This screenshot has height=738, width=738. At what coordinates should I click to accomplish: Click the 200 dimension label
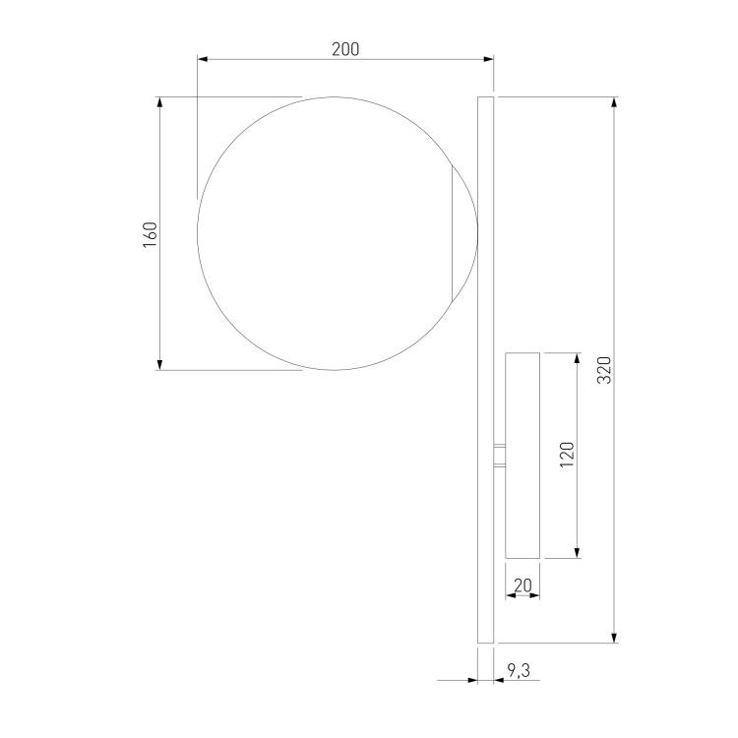tap(345, 49)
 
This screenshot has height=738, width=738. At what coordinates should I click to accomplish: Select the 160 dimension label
tap(151, 235)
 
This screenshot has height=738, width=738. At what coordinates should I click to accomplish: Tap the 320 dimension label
tap(604, 370)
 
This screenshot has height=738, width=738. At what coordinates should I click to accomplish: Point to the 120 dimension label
tap(567, 455)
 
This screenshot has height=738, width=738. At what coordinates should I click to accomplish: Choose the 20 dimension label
tap(523, 585)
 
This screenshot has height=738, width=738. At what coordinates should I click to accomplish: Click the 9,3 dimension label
tap(519, 670)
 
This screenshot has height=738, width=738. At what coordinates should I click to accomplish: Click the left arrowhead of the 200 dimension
tap(203, 59)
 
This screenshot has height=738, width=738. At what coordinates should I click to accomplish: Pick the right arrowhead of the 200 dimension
tap(488, 59)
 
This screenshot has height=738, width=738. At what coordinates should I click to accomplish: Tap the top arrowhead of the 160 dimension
tap(159, 102)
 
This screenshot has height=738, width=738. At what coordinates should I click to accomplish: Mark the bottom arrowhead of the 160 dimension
tap(159, 364)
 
